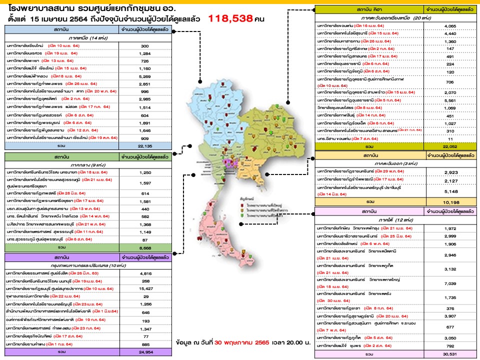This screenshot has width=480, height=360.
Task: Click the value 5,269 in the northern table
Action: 145,76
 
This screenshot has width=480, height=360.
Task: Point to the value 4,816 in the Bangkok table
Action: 146,274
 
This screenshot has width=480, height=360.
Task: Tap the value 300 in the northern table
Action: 145,45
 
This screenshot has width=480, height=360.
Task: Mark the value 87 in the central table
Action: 146,239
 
